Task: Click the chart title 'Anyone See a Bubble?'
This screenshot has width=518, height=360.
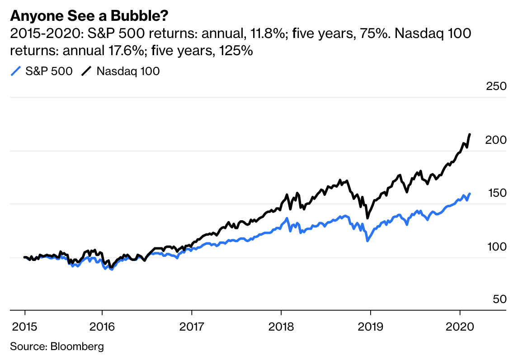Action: [89, 16]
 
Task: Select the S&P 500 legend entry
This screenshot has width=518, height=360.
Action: [42, 71]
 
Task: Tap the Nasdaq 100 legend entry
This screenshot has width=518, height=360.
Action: [121, 71]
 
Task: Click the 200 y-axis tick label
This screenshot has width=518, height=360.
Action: [495, 140]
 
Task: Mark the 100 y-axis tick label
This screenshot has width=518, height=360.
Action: [495, 247]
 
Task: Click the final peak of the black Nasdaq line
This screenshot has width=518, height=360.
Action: [470, 134]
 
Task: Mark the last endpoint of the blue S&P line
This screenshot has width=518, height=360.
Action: [470, 194]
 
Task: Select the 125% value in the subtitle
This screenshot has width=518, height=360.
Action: [235, 51]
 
